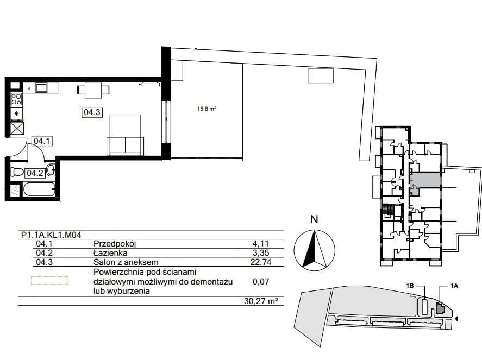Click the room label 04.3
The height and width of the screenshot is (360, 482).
(x=92, y=112)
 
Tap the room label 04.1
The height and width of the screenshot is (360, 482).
(x=41, y=141)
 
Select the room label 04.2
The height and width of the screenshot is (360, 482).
(x=35, y=173)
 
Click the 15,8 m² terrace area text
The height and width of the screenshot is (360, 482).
(x=206, y=109)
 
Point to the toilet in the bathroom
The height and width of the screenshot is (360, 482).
(x=17, y=172)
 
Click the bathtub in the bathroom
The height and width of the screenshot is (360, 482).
(x=39, y=189)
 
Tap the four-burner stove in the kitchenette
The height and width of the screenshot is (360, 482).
(x=16, y=99)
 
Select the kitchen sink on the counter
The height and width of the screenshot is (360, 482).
(x=41, y=88)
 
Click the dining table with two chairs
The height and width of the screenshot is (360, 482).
(x=93, y=90)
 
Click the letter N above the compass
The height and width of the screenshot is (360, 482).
(x=314, y=219)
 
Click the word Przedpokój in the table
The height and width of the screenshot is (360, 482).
(x=115, y=244)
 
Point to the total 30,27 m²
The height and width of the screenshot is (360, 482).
(x=259, y=301)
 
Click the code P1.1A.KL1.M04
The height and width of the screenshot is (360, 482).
(x=51, y=235)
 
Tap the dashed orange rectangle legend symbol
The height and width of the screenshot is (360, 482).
(x=49, y=280)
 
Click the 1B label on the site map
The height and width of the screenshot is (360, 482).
(x=410, y=286)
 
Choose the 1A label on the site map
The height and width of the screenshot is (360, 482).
(x=454, y=286)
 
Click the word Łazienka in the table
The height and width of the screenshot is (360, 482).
(x=110, y=253)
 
